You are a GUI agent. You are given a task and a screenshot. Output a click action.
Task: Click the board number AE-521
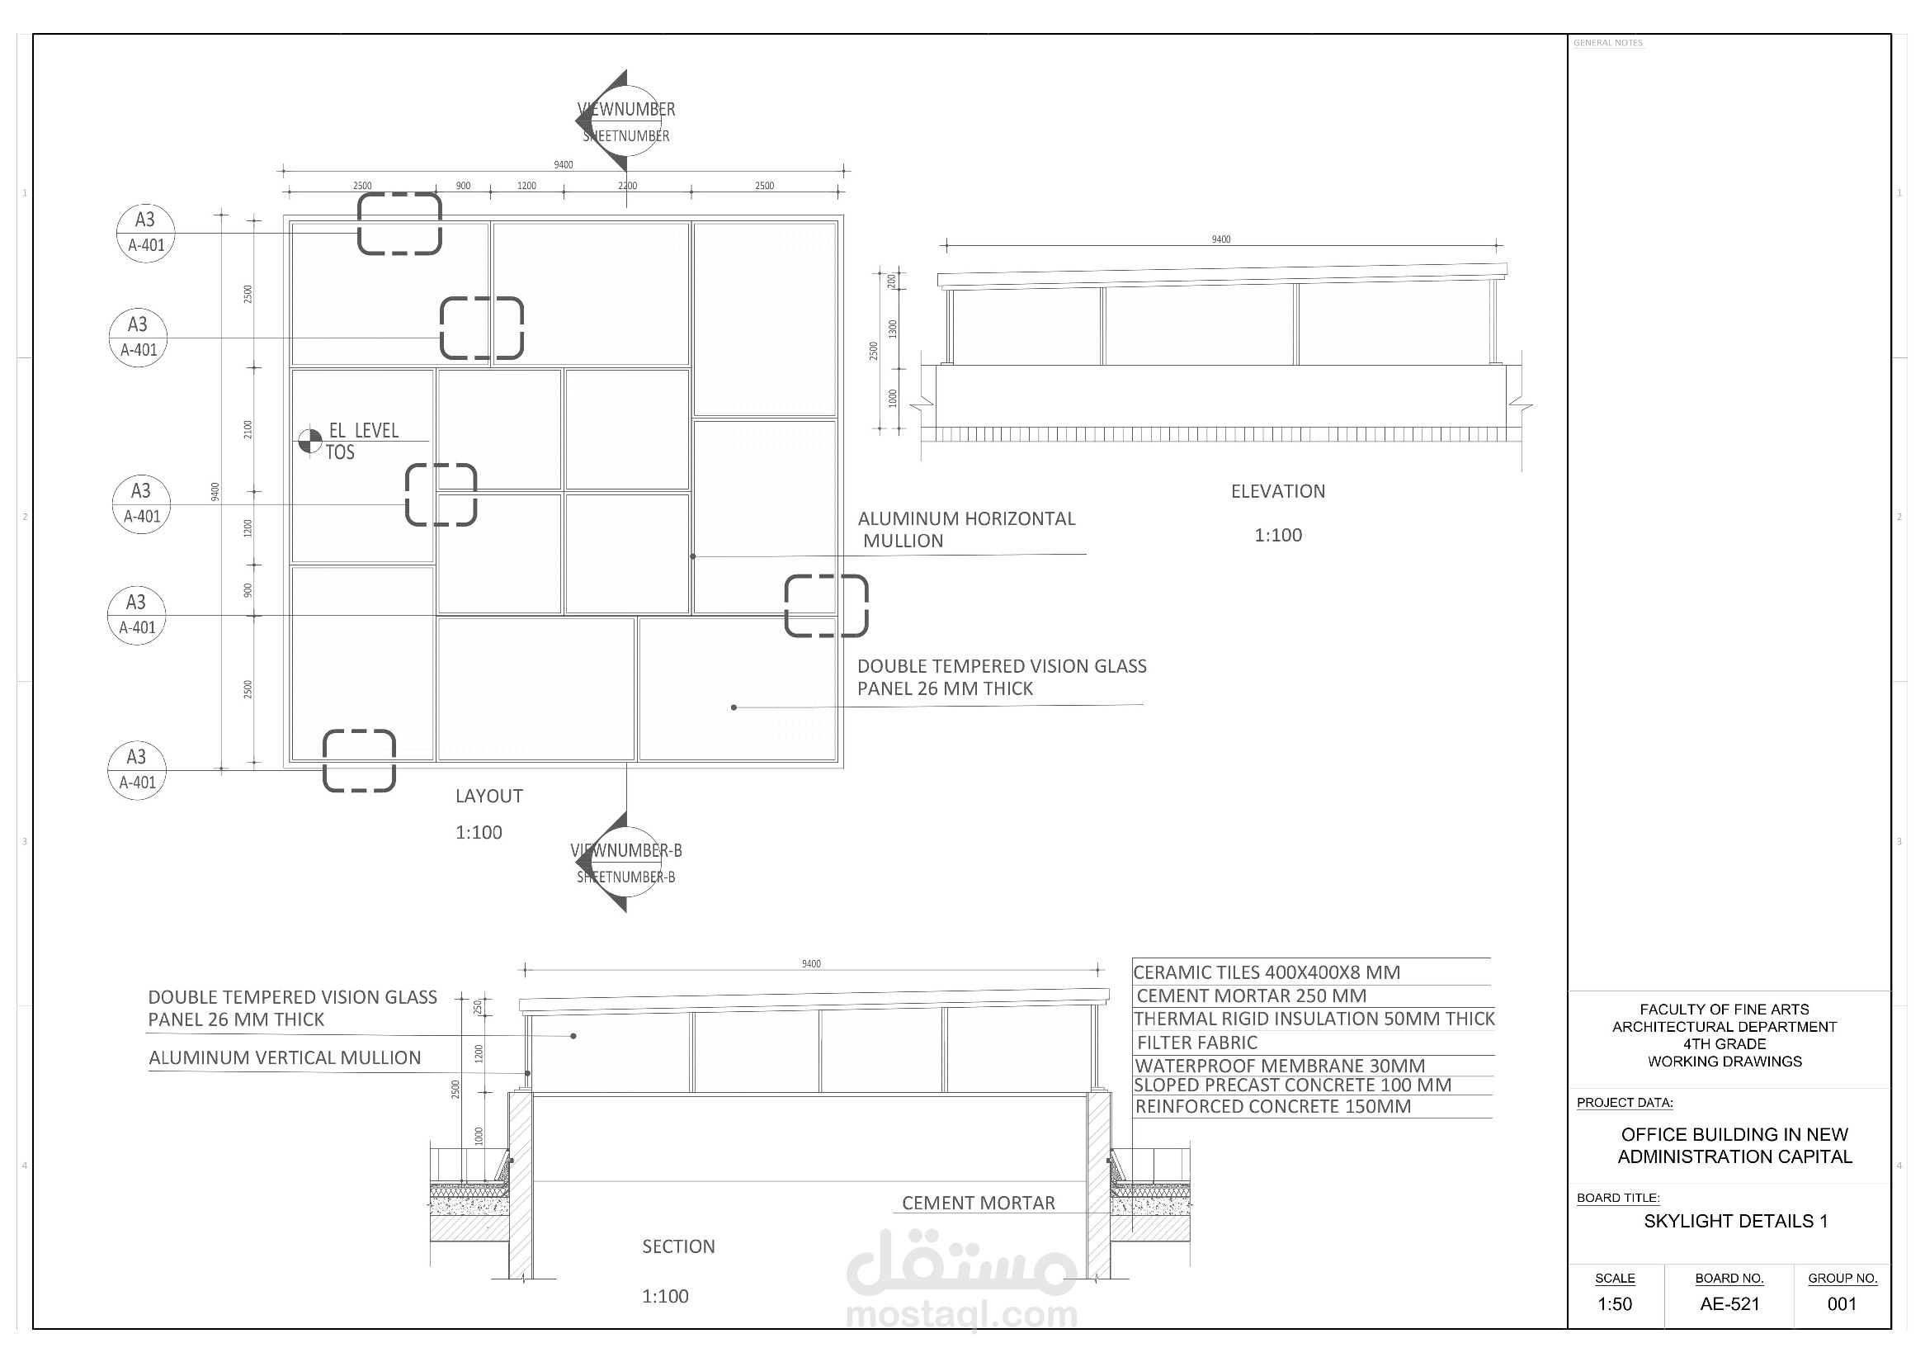pyautogui.click(x=1729, y=1303)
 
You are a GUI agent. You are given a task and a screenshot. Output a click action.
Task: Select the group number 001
pyautogui.click(x=1841, y=1303)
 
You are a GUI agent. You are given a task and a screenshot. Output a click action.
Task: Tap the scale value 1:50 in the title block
pyautogui.click(x=1614, y=1303)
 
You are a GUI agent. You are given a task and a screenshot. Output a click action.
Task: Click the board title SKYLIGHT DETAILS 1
pyautogui.click(x=1734, y=1220)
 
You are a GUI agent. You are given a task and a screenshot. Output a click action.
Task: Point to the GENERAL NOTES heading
pyautogui.click(x=1607, y=43)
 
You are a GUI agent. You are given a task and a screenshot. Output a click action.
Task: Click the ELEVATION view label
pyautogui.click(x=1277, y=491)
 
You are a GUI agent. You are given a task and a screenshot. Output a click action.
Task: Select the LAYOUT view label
pyautogui.click(x=488, y=796)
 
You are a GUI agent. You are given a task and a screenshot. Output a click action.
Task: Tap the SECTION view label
pyautogui.click(x=678, y=1246)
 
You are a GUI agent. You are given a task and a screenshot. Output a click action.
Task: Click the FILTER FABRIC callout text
pyautogui.click(x=1196, y=1043)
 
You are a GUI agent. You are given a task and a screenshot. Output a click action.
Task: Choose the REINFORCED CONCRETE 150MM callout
pyautogui.click(x=1272, y=1106)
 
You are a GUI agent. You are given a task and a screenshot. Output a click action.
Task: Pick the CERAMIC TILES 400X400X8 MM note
pyautogui.click(x=1266, y=972)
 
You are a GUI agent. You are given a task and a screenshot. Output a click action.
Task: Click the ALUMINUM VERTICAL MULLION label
pyautogui.click(x=284, y=1057)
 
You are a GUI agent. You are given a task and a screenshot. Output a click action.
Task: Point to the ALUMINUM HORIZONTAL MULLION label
pyautogui.click(x=965, y=529)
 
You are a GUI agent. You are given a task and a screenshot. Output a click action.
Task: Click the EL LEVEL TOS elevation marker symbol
pyautogui.click(x=310, y=440)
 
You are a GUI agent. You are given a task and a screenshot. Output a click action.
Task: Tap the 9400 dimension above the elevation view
pyautogui.click(x=1220, y=240)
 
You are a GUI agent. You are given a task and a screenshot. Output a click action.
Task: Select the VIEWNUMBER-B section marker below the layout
pyautogui.click(x=625, y=862)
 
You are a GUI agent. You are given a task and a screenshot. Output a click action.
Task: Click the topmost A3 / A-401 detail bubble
pyautogui.click(x=146, y=232)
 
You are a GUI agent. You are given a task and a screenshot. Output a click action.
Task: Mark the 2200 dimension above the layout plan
pyautogui.click(x=627, y=187)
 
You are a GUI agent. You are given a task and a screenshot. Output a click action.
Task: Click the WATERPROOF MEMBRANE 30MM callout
pyautogui.click(x=1279, y=1065)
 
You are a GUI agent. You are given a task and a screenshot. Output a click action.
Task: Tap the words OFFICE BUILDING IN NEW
pyautogui.click(x=1734, y=1134)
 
